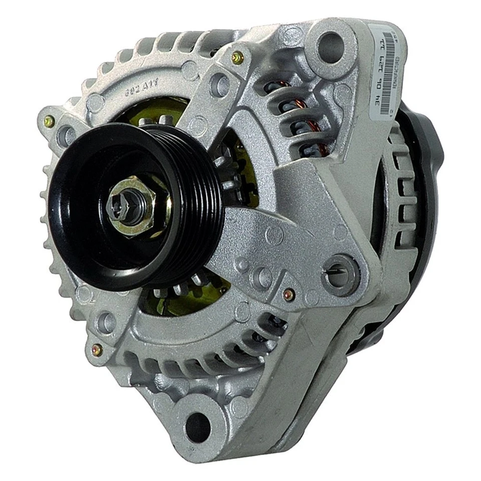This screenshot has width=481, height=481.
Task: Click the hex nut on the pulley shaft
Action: click(131, 205)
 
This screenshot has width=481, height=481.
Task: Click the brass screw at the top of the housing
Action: click(237, 58)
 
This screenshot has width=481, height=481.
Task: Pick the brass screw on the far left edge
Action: click(49, 121)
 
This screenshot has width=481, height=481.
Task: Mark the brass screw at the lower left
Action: click(97, 350)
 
